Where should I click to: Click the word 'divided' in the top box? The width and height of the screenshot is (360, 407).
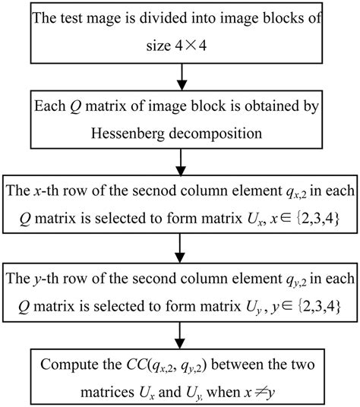tap(162, 17)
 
